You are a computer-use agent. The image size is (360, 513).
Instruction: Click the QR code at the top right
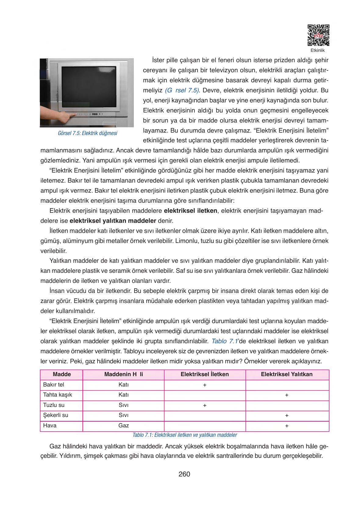(318, 35)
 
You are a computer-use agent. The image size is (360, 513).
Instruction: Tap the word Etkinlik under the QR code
(318, 51)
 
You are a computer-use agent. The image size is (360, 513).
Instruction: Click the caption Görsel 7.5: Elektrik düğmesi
(87, 134)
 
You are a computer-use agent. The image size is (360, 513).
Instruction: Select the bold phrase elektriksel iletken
(191, 211)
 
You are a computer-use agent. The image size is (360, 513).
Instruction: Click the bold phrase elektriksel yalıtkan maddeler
(113, 221)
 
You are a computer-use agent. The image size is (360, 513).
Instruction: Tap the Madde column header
(62, 374)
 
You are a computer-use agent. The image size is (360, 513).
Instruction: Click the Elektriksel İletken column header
(205, 374)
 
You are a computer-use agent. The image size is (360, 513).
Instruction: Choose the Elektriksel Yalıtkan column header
(287, 374)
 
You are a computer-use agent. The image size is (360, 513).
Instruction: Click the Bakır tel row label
(54, 385)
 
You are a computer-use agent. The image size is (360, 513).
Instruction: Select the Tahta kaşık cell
(58, 395)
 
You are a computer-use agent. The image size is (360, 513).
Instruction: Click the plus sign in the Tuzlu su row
(205, 405)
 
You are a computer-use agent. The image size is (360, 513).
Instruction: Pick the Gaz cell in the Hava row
(123, 426)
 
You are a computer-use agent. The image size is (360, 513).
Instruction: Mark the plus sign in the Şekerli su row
(287, 415)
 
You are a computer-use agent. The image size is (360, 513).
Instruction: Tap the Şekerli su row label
(55, 415)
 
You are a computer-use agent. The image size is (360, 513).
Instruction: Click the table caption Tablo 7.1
(185, 435)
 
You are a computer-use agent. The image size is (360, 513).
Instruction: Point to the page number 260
(184, 474)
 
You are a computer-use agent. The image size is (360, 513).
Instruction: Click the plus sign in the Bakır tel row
(205, 385)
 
